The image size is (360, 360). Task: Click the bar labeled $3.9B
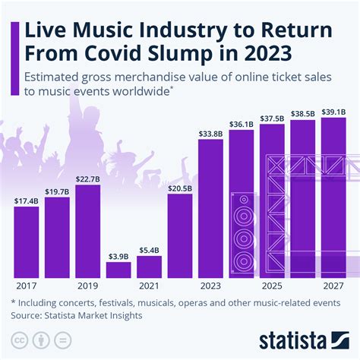tap(118, 269)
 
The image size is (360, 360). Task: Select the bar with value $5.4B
tap(149, 266)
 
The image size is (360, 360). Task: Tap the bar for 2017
tap(26, 242)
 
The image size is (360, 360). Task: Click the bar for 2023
tap(210, 209)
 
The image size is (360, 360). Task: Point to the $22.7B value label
tap(87, 179)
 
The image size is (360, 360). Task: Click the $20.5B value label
tap(180, 188)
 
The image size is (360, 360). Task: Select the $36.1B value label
tap(242, 125)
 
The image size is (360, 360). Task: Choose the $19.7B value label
tap(57, 192)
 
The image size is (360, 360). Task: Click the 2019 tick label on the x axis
tap(87, 286)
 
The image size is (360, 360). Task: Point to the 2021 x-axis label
tap(149, 286)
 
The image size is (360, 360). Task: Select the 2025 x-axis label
tap(272, 286)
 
